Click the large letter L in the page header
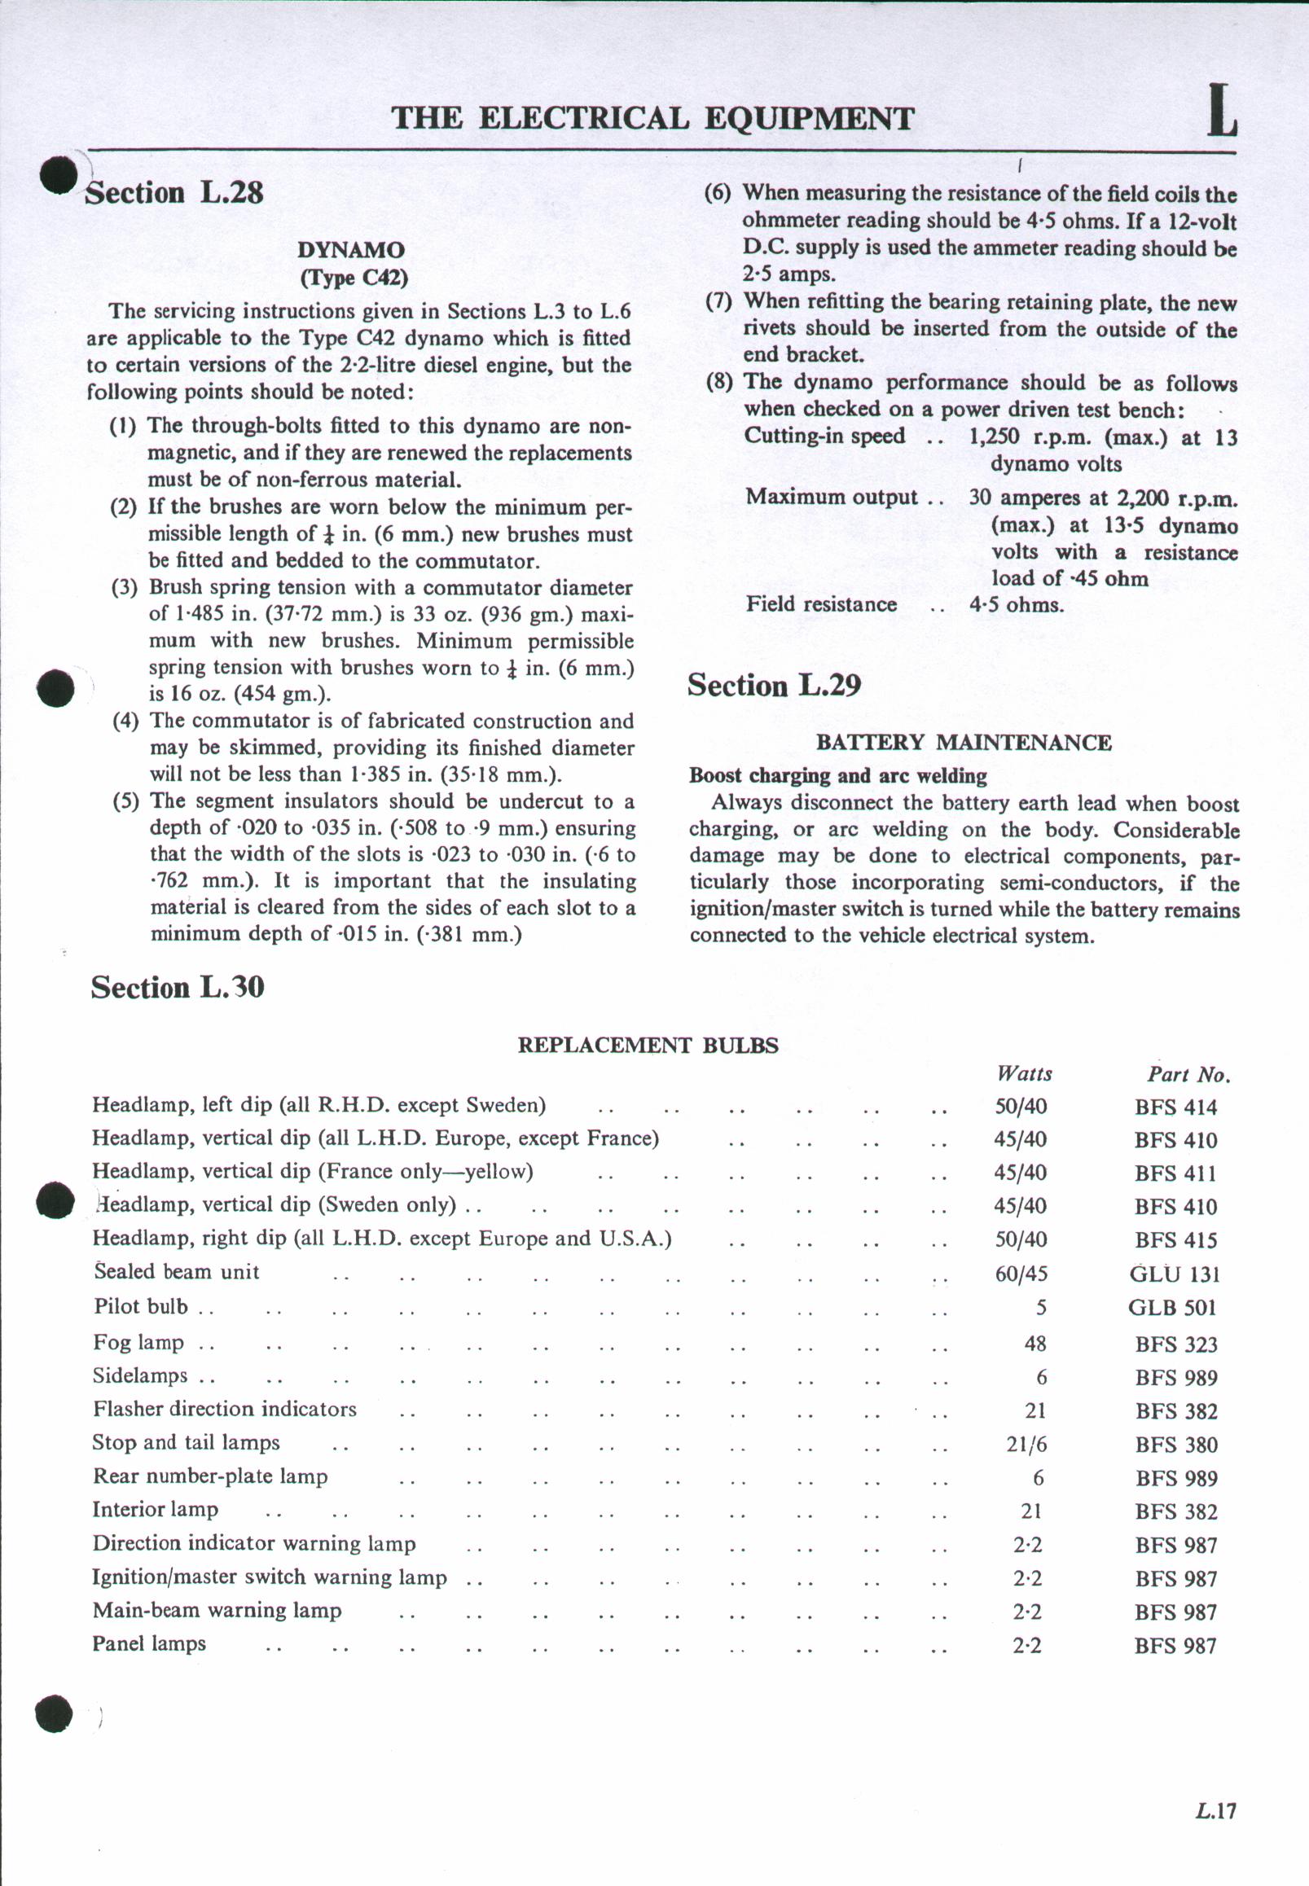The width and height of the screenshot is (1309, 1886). pyautogui.click(x=1221, y=112)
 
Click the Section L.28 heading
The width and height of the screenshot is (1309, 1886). pyautogui.click(x=174, y=193)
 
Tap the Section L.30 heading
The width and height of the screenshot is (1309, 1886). pyautogui.click(x=177, y=986)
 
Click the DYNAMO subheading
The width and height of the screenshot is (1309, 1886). pyautogui.click(x=351, y=249)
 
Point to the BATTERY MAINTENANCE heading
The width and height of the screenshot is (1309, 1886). pyautogui.click(x=963, y=742)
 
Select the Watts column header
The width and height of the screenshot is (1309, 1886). pyautogui.click(x=1024, y=1073)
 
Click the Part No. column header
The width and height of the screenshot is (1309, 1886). pyautogui.click(x=1188, y=1074)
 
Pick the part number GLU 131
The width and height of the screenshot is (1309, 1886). pyautogui.click(x=1175, y=1274)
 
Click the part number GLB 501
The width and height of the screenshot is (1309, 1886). pyautogui.click(x=1172, y=1307)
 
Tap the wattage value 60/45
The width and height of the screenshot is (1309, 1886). pyautogui.click(x=1021, y=1274)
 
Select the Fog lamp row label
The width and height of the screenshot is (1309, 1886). pyautogui.click(x=138, y=1342)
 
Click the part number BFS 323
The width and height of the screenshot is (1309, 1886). pyautogui.click(x=1176, y=1344)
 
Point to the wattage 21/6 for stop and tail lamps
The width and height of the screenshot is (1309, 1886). pyautogui.click(x=1026, y=1444)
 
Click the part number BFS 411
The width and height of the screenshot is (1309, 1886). pyautogui.click(x=1175, y=1173)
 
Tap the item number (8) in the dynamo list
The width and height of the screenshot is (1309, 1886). pyautogui.click(x=718, y=382)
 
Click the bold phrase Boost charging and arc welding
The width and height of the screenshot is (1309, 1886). pyautogui.click(x=837, y=775)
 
